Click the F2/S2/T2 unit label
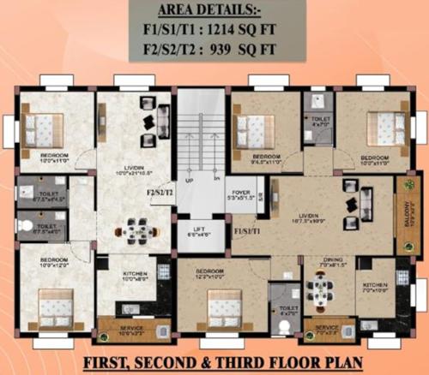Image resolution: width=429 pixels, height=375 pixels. click(x=160, y=193)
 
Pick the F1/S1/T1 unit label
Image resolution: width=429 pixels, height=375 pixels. click(x=250, y=230)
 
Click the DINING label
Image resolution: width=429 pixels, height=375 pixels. click(x=333, y=261)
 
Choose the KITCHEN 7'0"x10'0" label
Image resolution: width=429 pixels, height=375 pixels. click(x=375, y=287)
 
